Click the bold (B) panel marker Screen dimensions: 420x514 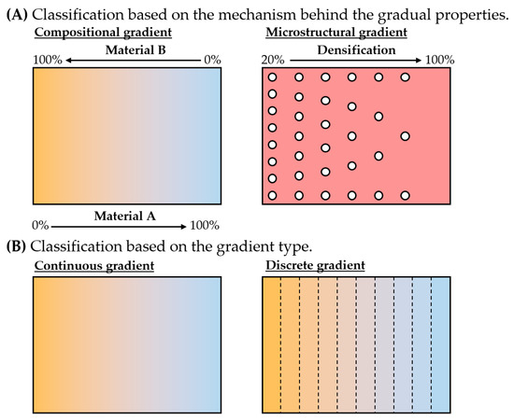17,245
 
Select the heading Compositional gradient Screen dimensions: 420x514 97,34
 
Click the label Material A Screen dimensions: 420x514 124,214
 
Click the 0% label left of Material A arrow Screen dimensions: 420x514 40,226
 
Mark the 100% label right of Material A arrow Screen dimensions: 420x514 204,226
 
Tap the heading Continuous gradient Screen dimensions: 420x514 94,266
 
